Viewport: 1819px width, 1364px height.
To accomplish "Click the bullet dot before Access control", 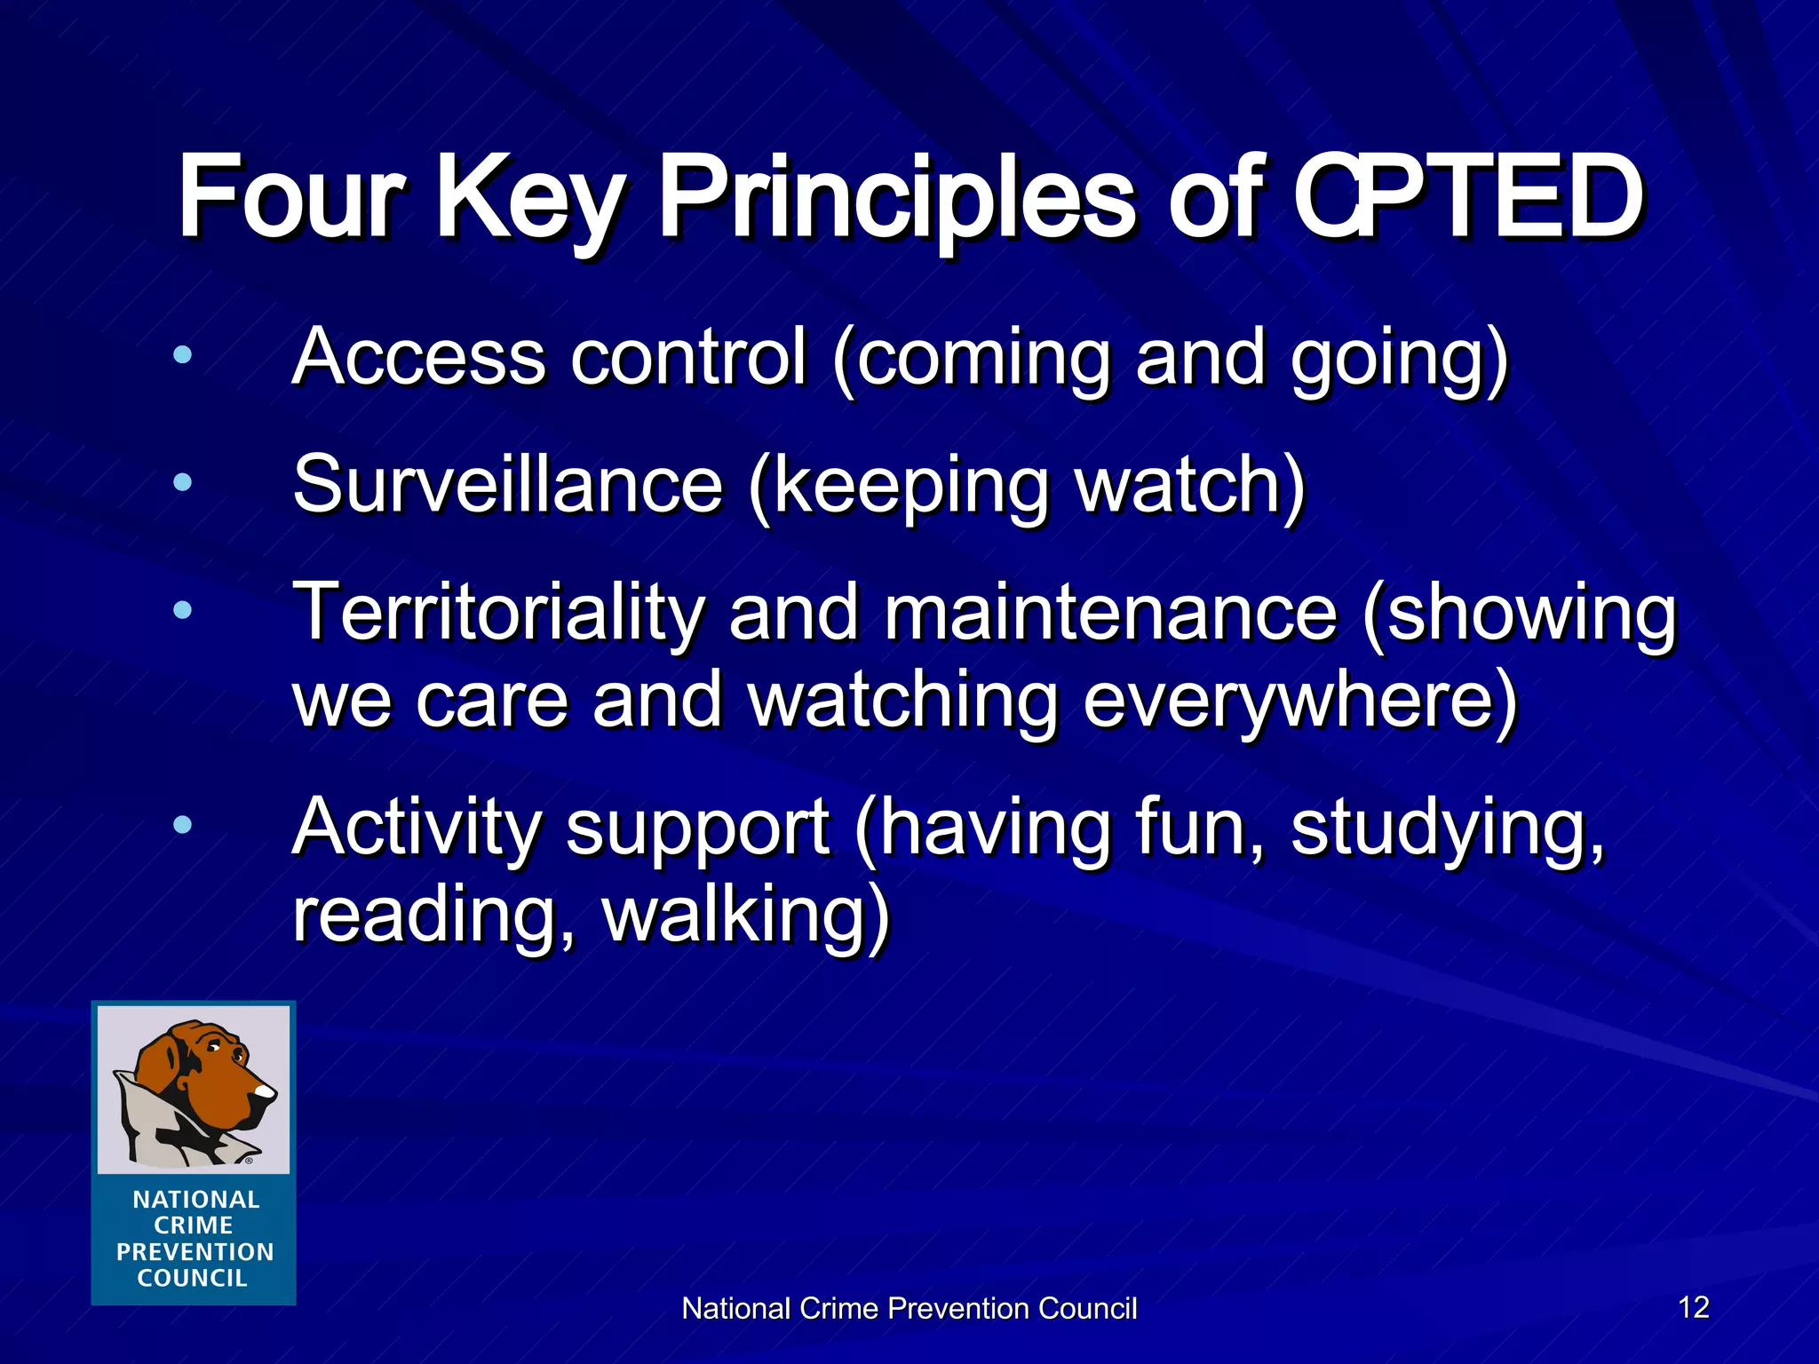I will [183, 355].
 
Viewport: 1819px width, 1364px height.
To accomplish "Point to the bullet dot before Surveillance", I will [183, 483].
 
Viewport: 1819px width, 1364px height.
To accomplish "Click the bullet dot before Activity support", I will [183, 825].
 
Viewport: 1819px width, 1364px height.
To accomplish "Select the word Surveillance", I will [507, 485].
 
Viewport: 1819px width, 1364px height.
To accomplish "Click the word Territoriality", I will [498, 613].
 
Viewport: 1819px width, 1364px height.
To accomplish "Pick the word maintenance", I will [1110, 613].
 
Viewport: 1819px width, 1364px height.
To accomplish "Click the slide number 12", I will [1694, 1307].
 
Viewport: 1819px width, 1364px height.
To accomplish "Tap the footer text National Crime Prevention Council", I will [909, 1309].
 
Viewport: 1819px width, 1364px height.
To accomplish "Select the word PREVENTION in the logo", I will [195, 1252].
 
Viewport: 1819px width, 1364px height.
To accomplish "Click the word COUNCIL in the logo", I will [192, 1279].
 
